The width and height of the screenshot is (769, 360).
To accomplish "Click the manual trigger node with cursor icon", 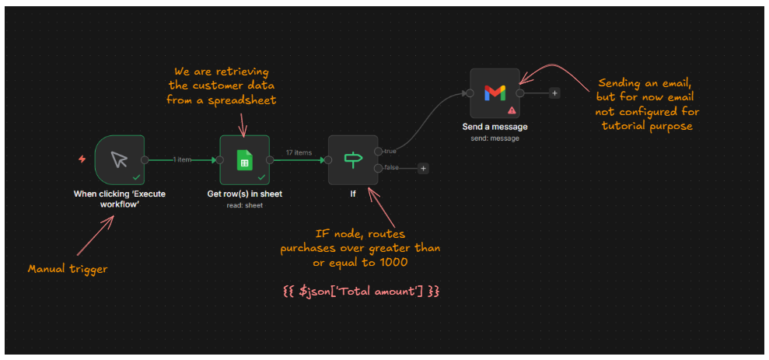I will (119, 159).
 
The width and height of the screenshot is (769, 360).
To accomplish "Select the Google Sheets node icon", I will (244, 159).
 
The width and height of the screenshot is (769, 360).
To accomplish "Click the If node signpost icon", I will (352, 159).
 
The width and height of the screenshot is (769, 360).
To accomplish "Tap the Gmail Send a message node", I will (495, 93).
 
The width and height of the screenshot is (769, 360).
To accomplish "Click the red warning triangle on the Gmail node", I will (512, 110).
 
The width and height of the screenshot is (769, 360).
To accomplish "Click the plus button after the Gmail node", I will (554, 93).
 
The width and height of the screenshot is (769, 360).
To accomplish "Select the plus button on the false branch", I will (423, 168).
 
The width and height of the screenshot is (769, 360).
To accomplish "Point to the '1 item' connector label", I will (182, 160).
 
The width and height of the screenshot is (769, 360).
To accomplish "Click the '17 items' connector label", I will (299, 152).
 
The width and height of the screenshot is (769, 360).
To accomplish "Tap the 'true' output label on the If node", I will (390, 151).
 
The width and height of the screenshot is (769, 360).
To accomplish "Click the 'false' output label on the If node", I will (391, 168).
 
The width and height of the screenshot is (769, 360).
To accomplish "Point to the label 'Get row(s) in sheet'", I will (244, 194).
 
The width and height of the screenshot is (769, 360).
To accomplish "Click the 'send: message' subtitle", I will (495, 138).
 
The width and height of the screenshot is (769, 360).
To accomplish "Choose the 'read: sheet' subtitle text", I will (244, 205).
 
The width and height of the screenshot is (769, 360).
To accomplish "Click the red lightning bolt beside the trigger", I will (82, 159).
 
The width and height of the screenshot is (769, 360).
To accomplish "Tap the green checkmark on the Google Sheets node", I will (262, 177).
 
